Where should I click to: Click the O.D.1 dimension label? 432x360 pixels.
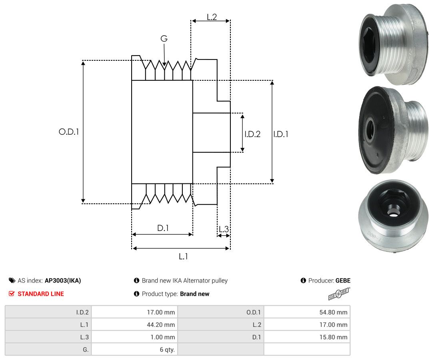(x=69, y=131)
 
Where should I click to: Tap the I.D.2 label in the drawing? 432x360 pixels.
(x=252, y=134)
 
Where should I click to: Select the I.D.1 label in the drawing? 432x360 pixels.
(x=281, y=134)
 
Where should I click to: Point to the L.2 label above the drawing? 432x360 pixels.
(x=212, y=17)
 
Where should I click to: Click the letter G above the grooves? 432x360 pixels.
(x=164, y=39)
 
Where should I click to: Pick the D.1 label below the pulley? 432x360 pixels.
(x=163, y=228)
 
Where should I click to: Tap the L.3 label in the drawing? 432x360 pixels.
(x=224, y=229)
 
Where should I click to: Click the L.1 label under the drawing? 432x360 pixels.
(x=183, y=257)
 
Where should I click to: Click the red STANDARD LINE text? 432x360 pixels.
(x=40, y=294)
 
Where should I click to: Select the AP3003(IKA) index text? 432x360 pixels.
(x=63, y=280)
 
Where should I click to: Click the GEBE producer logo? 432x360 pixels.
(x=339, y=294)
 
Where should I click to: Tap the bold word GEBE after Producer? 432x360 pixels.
(x=343, y=280)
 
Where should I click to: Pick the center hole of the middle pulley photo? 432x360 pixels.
(x=370, y=129)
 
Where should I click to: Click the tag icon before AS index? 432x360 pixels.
(x=12, y=280)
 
